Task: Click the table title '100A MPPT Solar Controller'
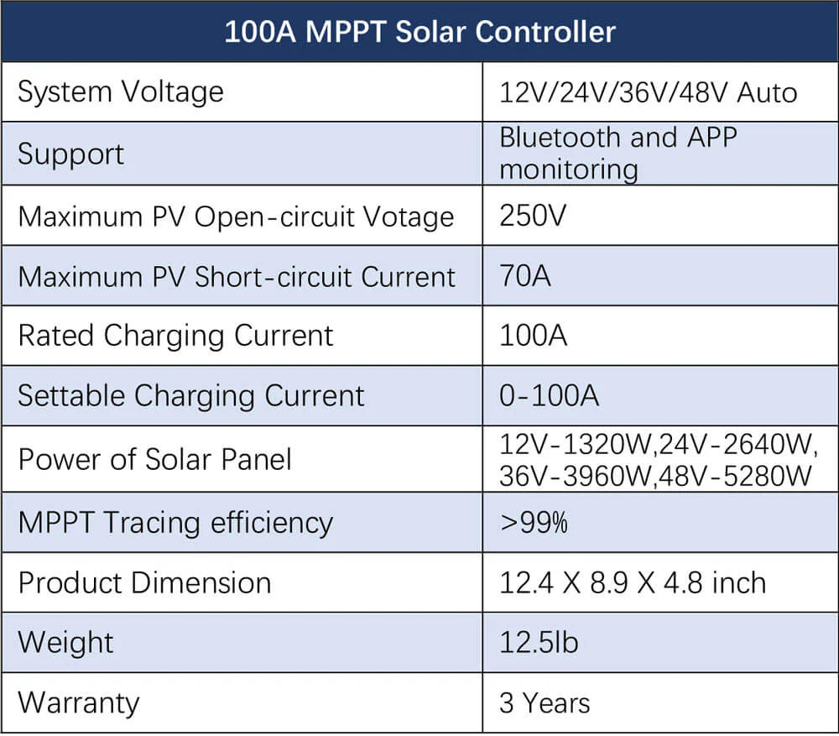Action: coord(419,32)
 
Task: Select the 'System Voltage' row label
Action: coord(121,91)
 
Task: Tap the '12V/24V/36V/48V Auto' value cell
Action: coord(648,91)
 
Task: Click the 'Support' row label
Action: coord(70,154)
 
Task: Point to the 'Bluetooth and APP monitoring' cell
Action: coord(618,153)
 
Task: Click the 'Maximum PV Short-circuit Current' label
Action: coord(237,276)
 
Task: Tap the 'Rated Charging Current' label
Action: coord(175,336)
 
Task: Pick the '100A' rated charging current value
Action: coord(533,336)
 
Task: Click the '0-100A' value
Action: coord(549,395)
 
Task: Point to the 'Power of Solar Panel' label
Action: coord(155,459)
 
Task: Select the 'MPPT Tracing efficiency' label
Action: coord(175,522)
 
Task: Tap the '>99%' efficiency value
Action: coord(534,522)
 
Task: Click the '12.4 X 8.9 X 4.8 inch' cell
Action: coord(633,582)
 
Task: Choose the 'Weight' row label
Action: coord(65,643)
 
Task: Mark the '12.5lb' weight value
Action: coord(539,643)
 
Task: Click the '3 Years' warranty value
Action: coord(545,702)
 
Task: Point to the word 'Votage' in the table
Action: coord(409,217)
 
